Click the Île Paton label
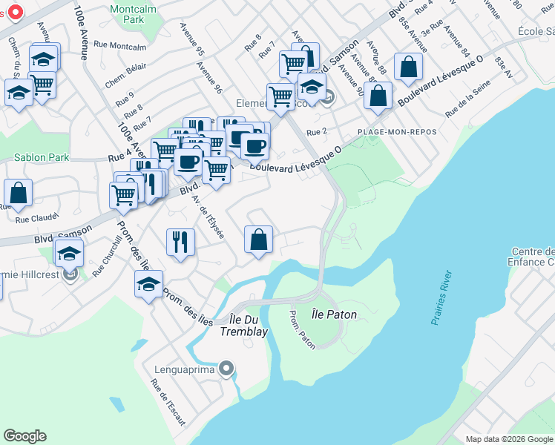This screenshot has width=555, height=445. click(x=334, y=314)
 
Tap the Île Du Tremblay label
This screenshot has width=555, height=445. click(x=243, y=326)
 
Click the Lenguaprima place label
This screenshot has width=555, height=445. click(x=185, y=369)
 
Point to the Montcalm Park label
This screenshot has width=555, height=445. click(x=126, y=14)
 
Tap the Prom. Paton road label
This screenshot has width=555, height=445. click(x=303, y=329)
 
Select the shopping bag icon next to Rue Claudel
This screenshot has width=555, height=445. click(x=18, y=193)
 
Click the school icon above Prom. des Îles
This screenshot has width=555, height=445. click(x=148, y=283)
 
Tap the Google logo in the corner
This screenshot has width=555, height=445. click(x=25, y=436)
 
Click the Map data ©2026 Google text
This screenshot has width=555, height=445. click(x=508, y=439)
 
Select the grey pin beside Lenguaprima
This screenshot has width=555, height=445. click(x=227, y=369)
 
